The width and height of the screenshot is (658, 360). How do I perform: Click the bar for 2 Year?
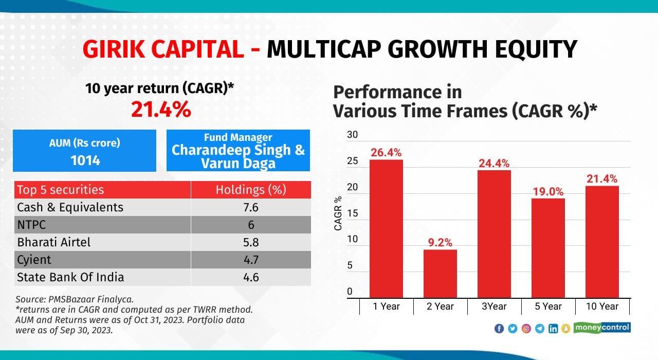(x=440, y=273)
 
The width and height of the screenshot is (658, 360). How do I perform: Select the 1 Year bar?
(x=386, y=229)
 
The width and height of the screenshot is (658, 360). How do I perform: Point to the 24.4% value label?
(x=493, y=164)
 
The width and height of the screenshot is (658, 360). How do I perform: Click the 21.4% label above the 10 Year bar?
(x=601, y=179)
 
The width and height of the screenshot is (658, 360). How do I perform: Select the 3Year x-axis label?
(x=493, y=307)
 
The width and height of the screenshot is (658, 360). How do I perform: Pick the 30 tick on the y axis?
(x=352, y=135)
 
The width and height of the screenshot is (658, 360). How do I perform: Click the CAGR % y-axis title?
(x=338, y=213)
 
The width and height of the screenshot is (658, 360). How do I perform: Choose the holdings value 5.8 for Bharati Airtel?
(x=251, y=242)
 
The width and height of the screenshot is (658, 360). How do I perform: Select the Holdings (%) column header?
(x=251, y=190)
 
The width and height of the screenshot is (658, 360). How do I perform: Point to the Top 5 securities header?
(x=60, y=190)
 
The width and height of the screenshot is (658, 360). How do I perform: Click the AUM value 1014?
(x=85, y=160)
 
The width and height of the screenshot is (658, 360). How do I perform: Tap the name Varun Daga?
(x=238, y=163)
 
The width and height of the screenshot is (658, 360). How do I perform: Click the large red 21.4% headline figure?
(x=160, y=109)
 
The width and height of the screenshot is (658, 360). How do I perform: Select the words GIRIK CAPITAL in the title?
(x=163, y=49)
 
